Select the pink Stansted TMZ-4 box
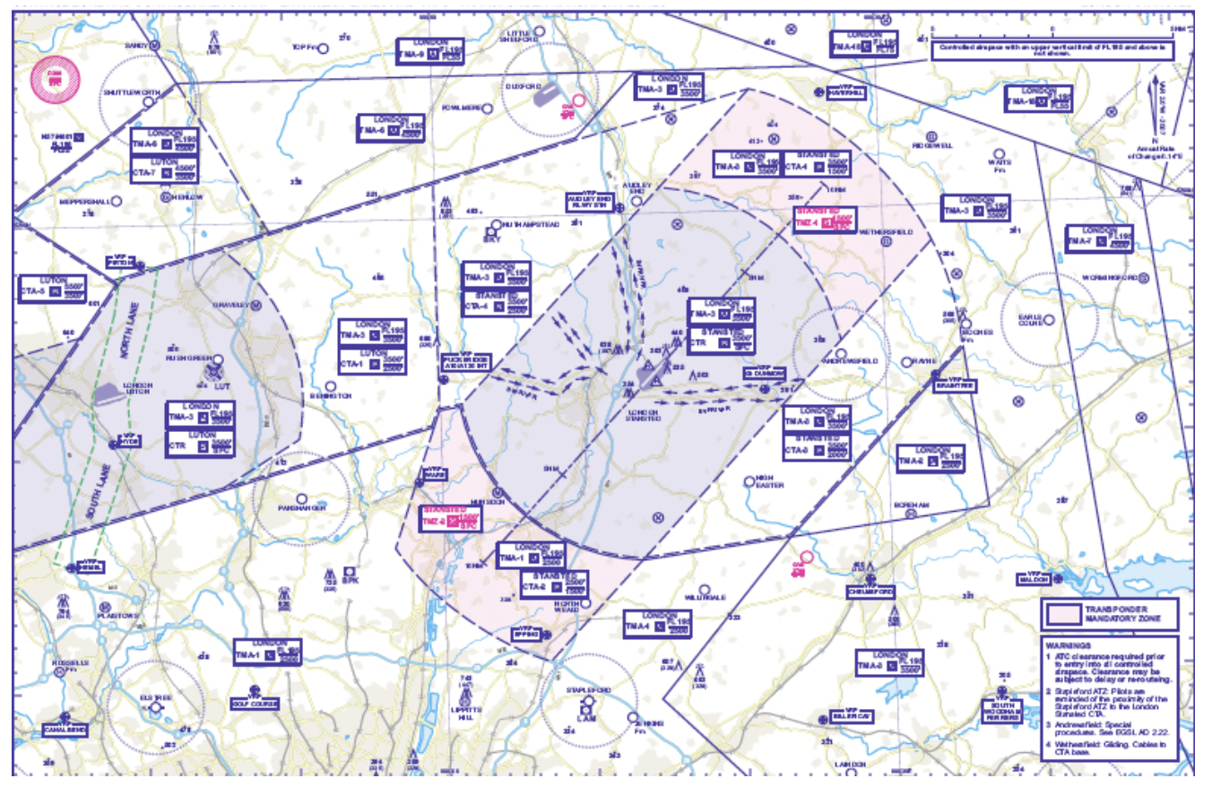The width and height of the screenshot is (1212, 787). point(825,221)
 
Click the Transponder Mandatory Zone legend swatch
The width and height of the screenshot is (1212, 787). point(1064,613)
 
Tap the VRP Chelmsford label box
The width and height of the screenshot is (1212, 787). point(870,592)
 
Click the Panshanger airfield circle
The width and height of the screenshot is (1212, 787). point(301,498)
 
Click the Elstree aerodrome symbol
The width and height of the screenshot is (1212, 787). point(156,708)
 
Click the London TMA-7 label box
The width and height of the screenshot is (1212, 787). point(1098,239)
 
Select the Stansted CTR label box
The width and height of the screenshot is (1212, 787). point(721,340)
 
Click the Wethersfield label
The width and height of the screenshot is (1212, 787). point(885,231)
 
